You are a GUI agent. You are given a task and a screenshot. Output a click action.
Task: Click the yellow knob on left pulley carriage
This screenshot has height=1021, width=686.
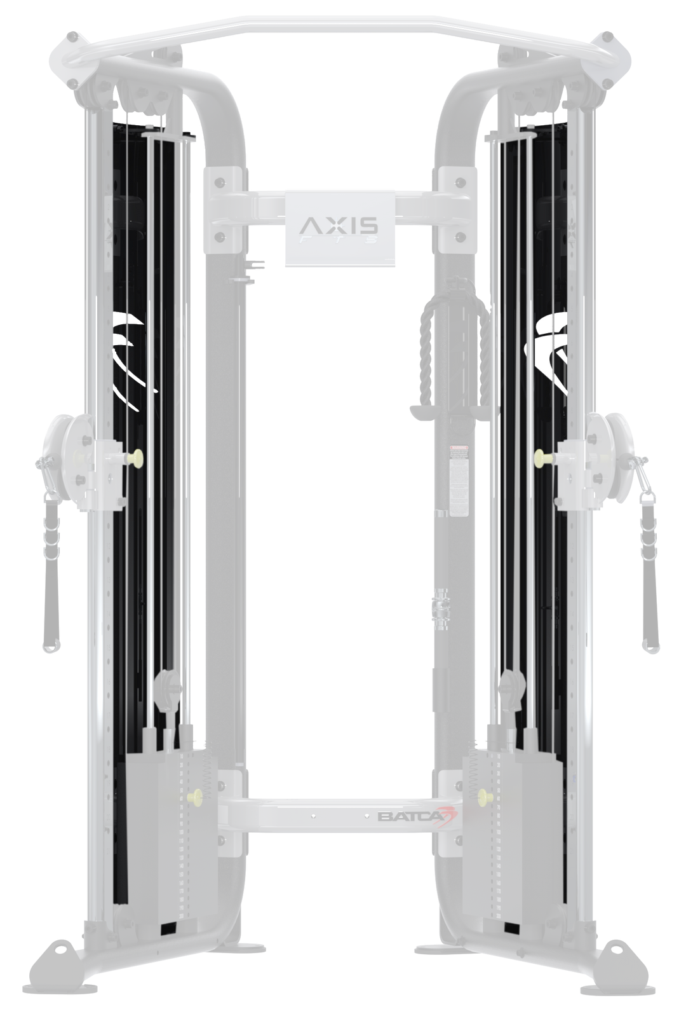[x=134, y=456]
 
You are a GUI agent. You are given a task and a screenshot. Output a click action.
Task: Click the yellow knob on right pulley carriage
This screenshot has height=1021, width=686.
[x=541, y=456]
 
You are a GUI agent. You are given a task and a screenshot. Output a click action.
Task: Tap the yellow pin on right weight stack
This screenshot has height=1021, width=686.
[x=487, y=796]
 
